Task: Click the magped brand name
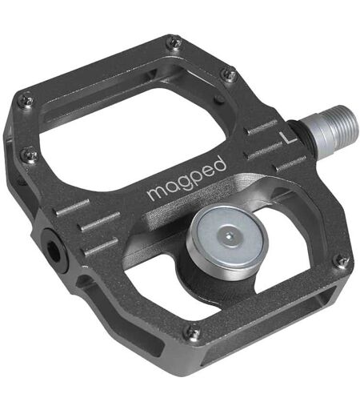(187, 178)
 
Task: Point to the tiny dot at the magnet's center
(229, 236)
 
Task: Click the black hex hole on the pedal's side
(54, 250)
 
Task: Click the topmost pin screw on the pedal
(174, 44)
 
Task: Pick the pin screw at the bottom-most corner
(194, 332)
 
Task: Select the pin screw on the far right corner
(342, 262)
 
